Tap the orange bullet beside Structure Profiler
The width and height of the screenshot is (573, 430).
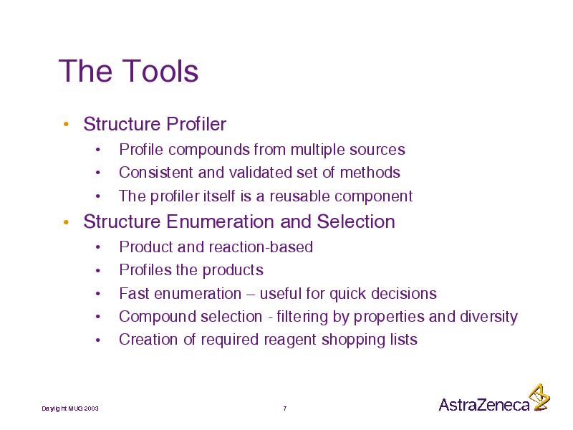66,124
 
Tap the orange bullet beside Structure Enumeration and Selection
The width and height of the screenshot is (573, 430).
66,221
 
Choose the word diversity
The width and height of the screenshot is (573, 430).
488,317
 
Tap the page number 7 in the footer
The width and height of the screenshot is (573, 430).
285,408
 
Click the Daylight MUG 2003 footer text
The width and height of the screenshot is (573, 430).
69,408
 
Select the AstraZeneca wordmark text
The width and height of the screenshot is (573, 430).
484,405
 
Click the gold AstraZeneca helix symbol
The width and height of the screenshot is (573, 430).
540,398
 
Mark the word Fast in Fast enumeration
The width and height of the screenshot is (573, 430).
134,293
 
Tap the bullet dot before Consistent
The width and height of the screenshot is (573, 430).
97,173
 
